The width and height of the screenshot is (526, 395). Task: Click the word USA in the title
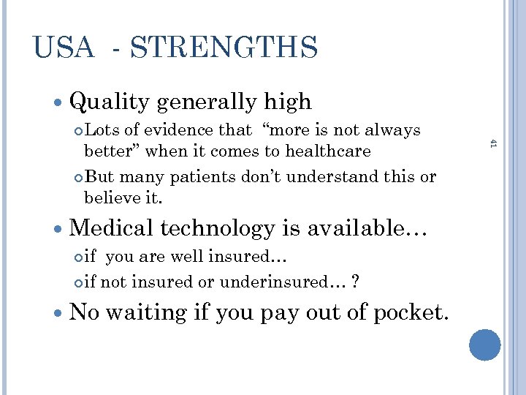pos(64,48)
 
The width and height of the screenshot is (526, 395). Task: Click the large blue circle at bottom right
pos(484,345)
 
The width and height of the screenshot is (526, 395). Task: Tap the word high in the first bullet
pos(287,102)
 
